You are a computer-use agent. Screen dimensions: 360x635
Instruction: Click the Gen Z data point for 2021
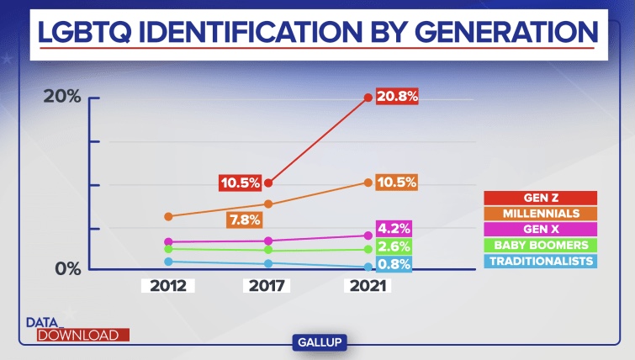(368, 98)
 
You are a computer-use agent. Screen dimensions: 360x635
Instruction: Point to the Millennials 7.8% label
(245, 220)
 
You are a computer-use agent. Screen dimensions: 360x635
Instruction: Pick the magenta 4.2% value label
(394, 229)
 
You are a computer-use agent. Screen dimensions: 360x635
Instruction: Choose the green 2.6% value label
(394, 246)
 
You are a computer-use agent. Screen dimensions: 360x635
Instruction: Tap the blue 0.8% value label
(394, 264)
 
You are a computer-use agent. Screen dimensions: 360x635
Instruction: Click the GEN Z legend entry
(540, 198)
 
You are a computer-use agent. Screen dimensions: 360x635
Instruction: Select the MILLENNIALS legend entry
(540, 213)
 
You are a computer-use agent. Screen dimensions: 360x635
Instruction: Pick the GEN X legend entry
(540, 229)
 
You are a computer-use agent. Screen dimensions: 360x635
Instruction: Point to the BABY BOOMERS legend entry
(540, 245)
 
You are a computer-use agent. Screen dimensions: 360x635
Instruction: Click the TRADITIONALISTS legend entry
(540, 261)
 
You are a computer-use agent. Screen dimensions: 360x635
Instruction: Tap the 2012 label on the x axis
(168, 285)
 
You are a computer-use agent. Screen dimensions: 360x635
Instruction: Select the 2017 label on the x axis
(267, 285)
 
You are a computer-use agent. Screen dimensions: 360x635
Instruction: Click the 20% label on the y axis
(63, 97)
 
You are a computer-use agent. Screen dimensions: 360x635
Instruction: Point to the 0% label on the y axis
(68, 268)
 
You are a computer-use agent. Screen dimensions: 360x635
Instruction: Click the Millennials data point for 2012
(168, 216)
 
